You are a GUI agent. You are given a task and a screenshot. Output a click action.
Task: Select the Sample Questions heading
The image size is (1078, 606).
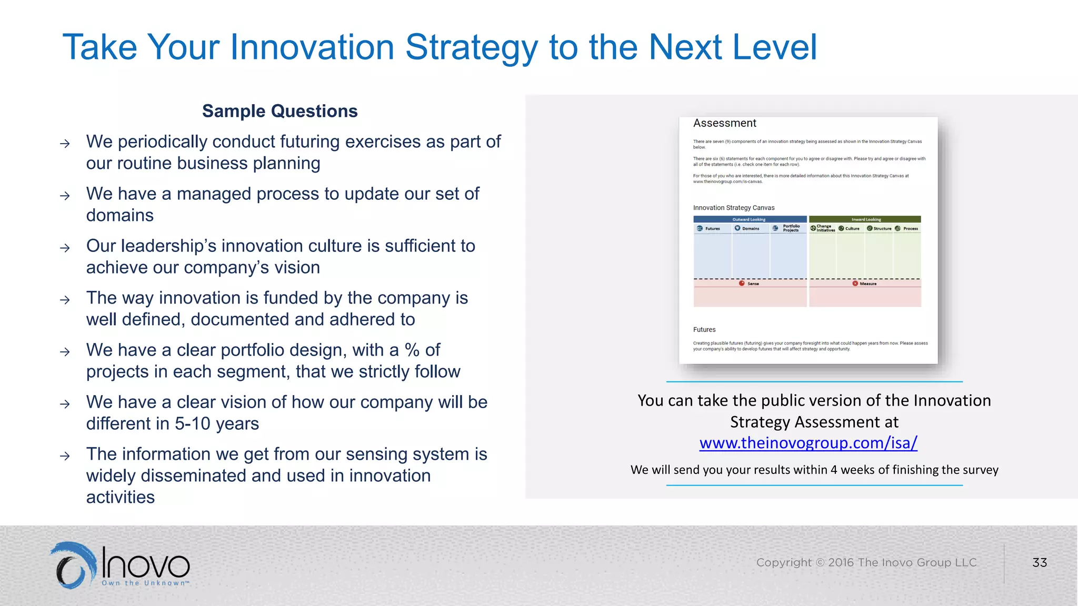pos(280,111)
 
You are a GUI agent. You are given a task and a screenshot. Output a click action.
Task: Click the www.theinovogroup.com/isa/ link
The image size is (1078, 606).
pos(808,443)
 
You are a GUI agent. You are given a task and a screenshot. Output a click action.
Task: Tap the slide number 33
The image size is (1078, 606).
pos(1039,562)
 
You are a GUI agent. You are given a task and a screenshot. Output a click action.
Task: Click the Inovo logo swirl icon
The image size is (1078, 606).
pos(74,565)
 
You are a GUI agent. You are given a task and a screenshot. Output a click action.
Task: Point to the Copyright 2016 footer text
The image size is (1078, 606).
pos(866,562)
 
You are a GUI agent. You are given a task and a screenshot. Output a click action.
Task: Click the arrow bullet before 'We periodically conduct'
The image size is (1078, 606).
pos(65,144)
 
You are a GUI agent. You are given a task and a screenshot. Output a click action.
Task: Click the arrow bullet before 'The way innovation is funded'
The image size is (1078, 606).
pos(65,300)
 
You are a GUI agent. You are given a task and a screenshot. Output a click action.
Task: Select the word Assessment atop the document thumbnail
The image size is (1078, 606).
pos(724,123)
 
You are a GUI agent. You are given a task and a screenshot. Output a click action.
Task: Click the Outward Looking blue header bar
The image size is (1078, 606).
pos(750,219)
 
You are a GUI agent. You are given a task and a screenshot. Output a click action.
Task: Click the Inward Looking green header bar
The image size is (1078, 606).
pos(865,219)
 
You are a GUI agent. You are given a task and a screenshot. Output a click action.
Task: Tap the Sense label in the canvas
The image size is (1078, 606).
pos(753,284)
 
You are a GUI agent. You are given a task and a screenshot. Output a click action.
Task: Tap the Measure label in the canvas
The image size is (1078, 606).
pos(867,284)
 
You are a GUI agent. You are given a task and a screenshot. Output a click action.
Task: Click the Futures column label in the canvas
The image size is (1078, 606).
pos(712,228)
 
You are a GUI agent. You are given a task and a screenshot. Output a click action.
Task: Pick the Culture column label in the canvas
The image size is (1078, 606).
pos(852,228)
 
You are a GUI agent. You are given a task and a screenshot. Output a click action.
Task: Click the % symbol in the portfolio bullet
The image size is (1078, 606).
pos(412,350)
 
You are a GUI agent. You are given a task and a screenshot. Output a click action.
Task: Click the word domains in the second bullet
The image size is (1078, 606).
pos(120,216)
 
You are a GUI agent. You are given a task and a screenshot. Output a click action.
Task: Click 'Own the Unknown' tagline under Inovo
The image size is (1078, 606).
pos(145,583)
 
